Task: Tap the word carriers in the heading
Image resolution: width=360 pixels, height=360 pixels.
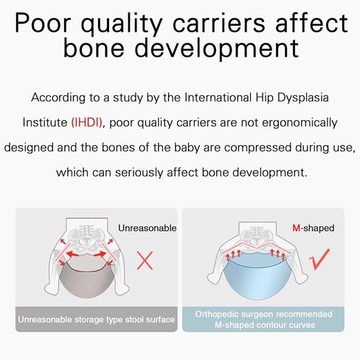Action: pos(219,23)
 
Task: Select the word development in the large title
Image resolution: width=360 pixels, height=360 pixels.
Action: pos(217,48)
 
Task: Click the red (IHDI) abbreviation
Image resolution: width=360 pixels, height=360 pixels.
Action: pos(86,122)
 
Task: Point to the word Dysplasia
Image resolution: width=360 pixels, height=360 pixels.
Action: pos(303,97)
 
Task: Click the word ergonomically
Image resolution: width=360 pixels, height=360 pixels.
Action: pos(300,123)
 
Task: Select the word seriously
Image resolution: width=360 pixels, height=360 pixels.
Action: pos(139,173)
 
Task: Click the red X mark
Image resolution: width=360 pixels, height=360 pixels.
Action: pos(145,260)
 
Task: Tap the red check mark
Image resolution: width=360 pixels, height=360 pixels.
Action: pos(319,260)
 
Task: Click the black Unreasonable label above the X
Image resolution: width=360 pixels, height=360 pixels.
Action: pos(148,228)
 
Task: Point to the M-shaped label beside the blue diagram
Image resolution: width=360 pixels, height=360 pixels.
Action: pos(314,228)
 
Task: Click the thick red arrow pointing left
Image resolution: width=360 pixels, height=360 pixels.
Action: pos(72,254)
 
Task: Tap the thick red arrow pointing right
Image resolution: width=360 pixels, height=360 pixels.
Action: pos(100,254)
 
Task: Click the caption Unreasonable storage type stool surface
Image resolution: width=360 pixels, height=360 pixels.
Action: pos(97,319)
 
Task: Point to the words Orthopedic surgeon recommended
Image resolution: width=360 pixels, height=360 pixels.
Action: pos(263,314)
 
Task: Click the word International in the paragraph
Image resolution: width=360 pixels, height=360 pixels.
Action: pos(218,97)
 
